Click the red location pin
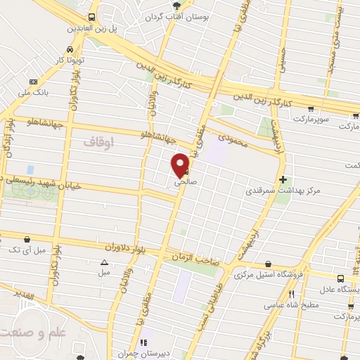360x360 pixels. [181, 165]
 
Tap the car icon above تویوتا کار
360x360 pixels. [70, 49]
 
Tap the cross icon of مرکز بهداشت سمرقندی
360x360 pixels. [283, 179]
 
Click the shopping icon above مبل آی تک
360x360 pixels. [27, 239]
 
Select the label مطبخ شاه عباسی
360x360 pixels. [291, 305]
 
